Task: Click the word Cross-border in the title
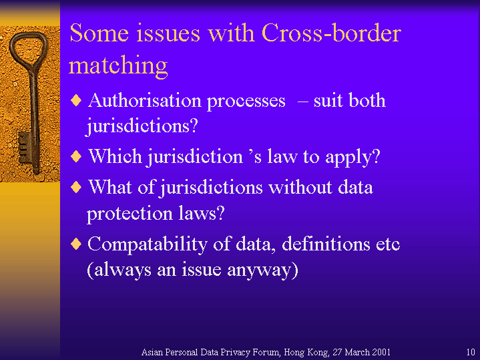coord(331,33)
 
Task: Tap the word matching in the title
coord(118,66)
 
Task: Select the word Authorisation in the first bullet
coord(144,100)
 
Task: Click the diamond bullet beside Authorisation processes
coord(76,100)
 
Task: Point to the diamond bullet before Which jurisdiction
coord(76,156)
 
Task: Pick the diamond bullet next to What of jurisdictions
coord(76,187)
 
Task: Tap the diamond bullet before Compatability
coord(76,244)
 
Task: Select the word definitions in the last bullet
coord(326,244)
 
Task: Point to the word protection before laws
coord(130,214)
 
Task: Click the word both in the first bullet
coord(367,100)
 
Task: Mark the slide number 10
coord(471,352)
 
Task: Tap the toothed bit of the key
coord(24,148)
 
